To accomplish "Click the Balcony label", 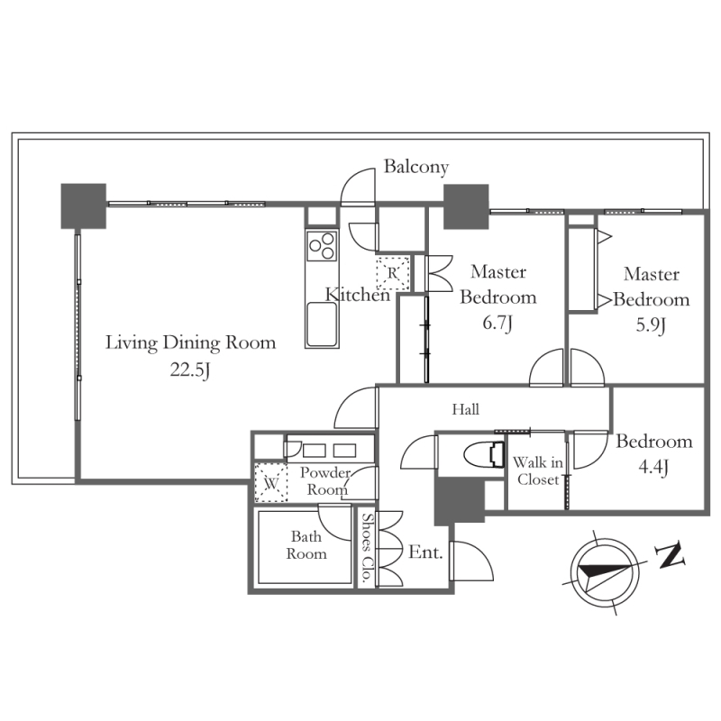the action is (416, 167).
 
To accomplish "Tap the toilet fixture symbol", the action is (483, 454).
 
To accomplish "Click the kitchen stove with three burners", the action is (322, 245).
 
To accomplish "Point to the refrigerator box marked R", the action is (393, 273).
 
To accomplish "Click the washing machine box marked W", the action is (271, 483).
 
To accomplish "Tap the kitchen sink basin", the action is (322, 324).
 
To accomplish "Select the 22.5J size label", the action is (190, 370).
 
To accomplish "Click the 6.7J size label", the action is (497, 324).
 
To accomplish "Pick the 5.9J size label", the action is (651, 325).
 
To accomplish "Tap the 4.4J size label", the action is (653, 468).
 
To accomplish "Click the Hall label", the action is (465, 409).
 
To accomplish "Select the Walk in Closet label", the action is (538, 470).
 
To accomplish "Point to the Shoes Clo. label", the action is (367, 547).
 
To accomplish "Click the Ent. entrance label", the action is (425, 552).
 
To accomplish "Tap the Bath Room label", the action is (306, 545).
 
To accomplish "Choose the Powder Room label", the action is (325, 481).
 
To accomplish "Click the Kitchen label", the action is (358, 295).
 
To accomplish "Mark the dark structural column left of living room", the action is (84, 206).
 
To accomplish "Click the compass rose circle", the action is (605, 572).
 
